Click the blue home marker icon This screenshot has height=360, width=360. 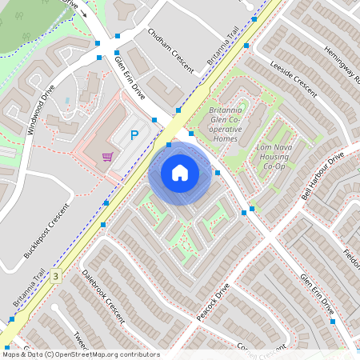(x=180, y=172)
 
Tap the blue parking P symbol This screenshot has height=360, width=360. (x=134, y=135)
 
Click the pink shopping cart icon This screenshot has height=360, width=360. (x=106, y=157)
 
